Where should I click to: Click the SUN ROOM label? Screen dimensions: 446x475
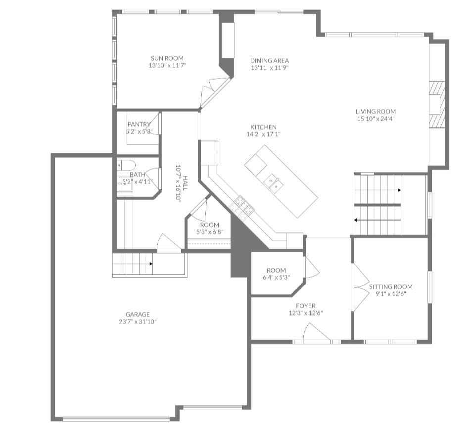coord(167,58)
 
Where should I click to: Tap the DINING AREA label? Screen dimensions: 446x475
coord(269,61)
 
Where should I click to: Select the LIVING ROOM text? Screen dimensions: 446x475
coord(376,112)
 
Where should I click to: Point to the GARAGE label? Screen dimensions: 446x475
coord(137,314)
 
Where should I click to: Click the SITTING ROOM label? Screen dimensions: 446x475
coord(390,287)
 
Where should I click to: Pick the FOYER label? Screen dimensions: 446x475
coord(306,306)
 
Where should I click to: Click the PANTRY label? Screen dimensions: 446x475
coord(139,124)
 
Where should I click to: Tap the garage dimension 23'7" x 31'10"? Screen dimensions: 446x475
coord(137,322)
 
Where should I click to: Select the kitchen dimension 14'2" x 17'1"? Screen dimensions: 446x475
coord(263,134)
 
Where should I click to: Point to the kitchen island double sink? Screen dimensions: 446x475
coord(273,182)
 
